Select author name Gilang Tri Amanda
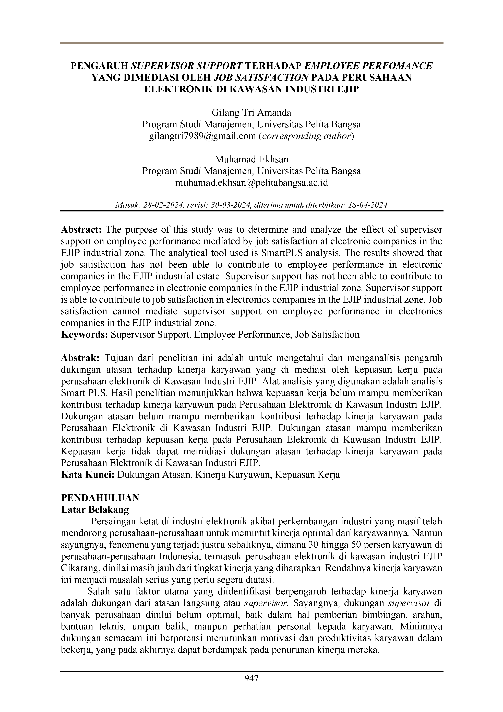[251, 112]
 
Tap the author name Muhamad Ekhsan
[251, 159]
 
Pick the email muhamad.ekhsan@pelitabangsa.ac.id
[251, 183]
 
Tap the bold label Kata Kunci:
[88, 475]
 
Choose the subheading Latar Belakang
[95, 510]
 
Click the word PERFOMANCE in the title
[398, 66]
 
